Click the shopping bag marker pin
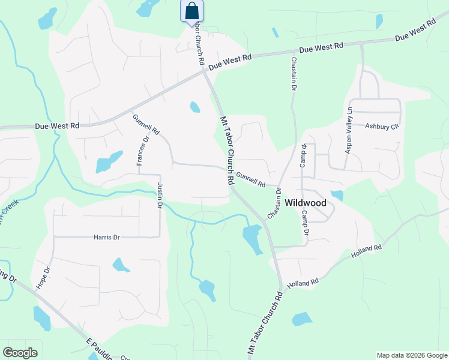pyautogui.click(x=191, y=11)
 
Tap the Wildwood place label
pyautogui.click(x=306, y=203)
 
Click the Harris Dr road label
pyautogui.click(x=107, y=238)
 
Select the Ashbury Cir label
pyautogui.click(x=382, y=127)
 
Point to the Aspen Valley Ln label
pyautogui.click(x=348, y=130)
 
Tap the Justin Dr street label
pyautogui.click(x=160, y=196)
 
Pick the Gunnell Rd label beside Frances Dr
pyautogui.click(x=146, y=124)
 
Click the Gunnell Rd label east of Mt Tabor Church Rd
pyautogui.click(x=250, y=179)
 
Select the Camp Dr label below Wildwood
pyautogui.click(x=305, y=223)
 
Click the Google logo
pyautogui.click(x=20, y=352)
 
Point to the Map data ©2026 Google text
pyautogui.click(x=411, y=355)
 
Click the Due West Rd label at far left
pyautogui.click(x=57, y=126)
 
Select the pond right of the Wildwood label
pyautogui.click(x=337, y=195)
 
